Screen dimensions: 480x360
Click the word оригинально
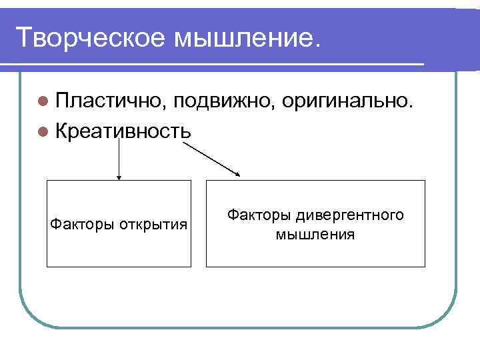[351, 101]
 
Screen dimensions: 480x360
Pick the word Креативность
[125, 130]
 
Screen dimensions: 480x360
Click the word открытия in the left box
[153, 223]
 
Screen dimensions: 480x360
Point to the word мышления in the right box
[315, 235]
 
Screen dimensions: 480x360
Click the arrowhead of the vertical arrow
[119, 177]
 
